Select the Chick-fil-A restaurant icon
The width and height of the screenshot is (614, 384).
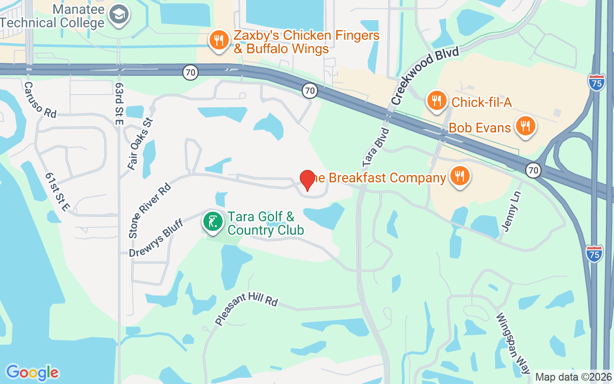coord(436,101)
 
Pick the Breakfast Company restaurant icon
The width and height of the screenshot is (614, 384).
coord(460,176)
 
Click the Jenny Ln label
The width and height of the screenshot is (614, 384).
coord(510,213)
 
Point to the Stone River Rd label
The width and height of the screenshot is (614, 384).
coord(149,210)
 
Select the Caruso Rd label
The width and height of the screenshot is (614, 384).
coord(40,100)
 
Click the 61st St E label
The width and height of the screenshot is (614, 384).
coord(58,192)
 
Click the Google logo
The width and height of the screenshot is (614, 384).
coord(32,372)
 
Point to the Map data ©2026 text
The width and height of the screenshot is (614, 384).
coord(573,377)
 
